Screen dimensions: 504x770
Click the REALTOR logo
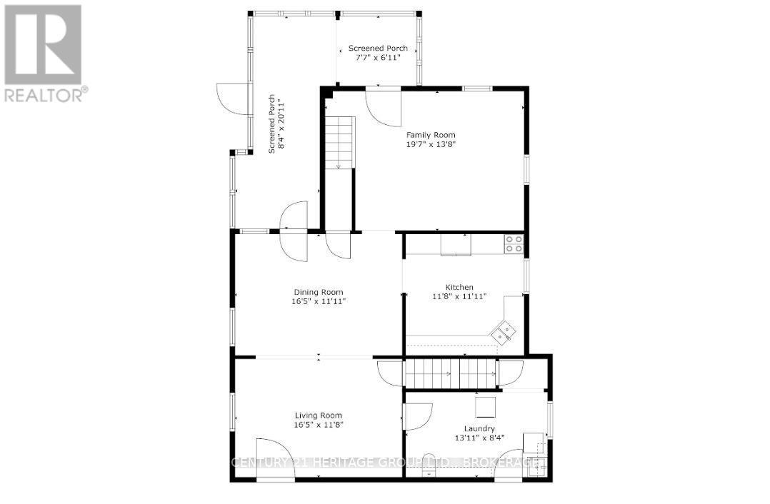tap(44, 53)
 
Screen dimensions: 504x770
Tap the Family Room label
tap(431, 135)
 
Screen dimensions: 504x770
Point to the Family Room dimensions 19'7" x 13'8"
tap(431, 144)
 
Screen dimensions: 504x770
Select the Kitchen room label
tap(459, 287)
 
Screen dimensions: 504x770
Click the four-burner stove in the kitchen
tap(514, 244)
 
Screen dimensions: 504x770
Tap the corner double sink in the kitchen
tap(504, 331)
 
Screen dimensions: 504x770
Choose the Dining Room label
tap(319, 292)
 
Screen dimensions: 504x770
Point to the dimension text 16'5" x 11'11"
tap(319, 301)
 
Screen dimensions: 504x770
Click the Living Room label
tap(319, 415)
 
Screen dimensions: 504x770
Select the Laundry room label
tap(479, 428)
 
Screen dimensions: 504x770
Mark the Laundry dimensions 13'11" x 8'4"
tap(479, 438)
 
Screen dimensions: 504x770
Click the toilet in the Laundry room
tap(429, 459)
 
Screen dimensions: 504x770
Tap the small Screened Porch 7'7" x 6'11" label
tap(378, 49)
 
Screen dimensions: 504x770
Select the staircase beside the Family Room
tap(340, 143)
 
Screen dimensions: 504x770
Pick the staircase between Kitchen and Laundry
tap(451, 373)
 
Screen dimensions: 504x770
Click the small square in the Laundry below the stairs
tap(487, 406)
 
